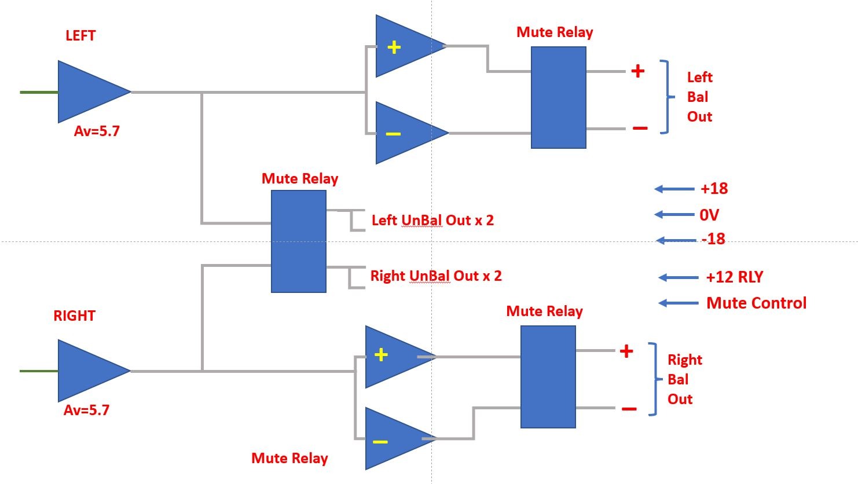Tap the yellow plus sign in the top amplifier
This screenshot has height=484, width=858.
(394, 47)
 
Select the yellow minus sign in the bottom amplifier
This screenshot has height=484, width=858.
(380, 442)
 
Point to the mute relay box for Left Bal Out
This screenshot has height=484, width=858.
(558, 97)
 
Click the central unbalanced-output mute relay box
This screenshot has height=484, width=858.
(298, 241)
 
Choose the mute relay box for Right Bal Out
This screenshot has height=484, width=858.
(548, 376)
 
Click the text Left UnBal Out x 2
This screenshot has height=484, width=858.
(432, 220)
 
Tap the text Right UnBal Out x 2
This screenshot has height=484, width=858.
(436, 276)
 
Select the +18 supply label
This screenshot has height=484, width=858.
(714, 189)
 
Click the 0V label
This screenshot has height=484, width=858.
(709, 215)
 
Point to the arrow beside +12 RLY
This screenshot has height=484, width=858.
(679, 278)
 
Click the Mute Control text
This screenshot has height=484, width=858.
(756, 303)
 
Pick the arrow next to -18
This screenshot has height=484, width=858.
(676, 240)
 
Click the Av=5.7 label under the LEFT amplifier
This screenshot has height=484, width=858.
(97, 131)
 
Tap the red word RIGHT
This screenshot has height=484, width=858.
(74, 316)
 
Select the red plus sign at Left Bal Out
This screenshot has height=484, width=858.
(637, 71)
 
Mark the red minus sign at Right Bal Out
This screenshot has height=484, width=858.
(629, 409)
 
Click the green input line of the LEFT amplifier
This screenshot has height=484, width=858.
(39, 92)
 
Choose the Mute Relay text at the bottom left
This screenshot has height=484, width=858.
(289, 458)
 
